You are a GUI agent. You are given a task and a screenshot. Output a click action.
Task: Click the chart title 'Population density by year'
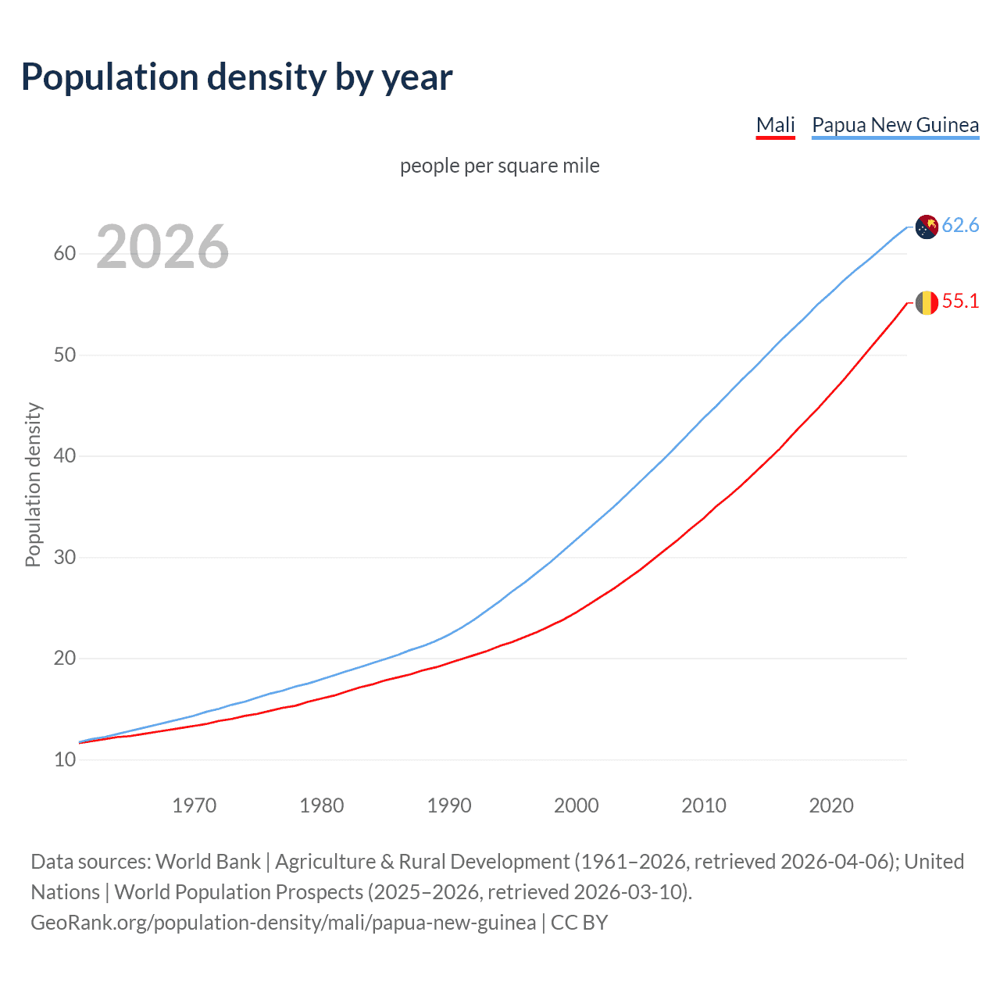click(237, 77)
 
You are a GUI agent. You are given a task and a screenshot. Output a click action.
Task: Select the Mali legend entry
click(775, 125)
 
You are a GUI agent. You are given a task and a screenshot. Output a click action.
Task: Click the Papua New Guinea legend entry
click(895, 125)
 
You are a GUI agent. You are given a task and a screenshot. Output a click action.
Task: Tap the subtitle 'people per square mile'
click(500, 166)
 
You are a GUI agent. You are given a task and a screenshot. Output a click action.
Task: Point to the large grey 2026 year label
click(162, 247)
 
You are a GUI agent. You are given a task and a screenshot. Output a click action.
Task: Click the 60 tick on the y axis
click(65, 254)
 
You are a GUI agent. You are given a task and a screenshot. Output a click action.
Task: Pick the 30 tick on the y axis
click(65, 558)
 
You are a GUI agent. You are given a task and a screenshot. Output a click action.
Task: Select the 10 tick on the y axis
click(65, 759)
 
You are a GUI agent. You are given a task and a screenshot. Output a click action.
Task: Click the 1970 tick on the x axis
click(195, 805)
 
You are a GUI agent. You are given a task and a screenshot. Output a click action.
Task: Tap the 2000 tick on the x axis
click(577, 805)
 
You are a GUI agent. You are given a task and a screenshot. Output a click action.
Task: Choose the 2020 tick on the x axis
click(831, 805)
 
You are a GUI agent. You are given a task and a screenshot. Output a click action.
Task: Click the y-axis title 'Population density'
click(33, 484)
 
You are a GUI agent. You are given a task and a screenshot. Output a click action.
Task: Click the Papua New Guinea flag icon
click(927, 227)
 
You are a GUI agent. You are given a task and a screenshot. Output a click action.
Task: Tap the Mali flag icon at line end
click(927, 302)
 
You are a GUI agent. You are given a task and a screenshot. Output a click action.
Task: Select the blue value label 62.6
click(960, 226)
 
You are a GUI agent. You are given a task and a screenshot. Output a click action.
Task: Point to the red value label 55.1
click(960, 302)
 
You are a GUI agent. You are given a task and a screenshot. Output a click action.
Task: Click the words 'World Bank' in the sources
click(208, 862)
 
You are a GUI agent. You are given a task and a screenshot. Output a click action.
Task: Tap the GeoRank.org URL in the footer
click(283, 923)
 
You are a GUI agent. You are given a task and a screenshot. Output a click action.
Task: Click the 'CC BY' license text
click(579, 923)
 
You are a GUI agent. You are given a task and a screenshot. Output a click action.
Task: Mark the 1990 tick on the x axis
click(449, 805)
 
